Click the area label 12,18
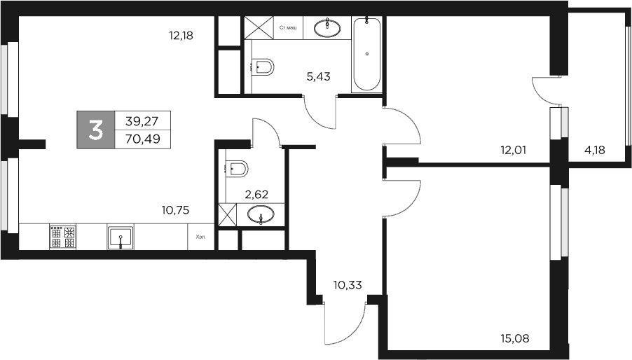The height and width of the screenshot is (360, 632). tap(180, 35)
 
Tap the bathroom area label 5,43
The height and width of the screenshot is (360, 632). tap(318, 76)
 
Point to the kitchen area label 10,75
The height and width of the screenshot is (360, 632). tap(176, 209)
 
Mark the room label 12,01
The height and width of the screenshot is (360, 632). tap(513, 149)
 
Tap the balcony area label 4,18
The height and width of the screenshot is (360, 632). tap(596, 149)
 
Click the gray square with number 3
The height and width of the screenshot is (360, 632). tap(95, 130)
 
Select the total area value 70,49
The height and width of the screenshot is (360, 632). tap(142, 139)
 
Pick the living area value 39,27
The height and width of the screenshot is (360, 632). tap(142, 120)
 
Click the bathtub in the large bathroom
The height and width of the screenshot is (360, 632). tap(367, 55)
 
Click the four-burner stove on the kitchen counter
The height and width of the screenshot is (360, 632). tap(62, 237)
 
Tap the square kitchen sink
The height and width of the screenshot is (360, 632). tap(121, 237)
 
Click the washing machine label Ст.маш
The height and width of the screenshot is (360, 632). tap(287, 28)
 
